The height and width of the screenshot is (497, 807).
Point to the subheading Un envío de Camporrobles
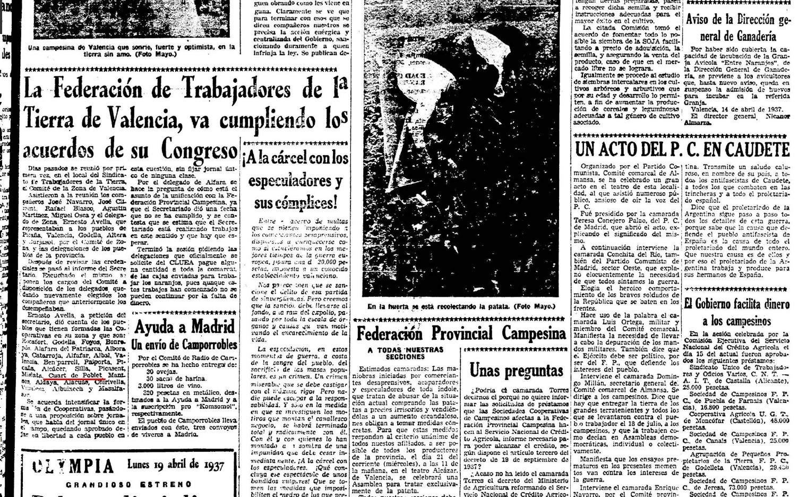[x=184, y=345]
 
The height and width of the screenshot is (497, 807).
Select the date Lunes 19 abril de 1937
[x=175, y=465]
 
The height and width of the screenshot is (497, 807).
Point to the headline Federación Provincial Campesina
[x=461, y=333]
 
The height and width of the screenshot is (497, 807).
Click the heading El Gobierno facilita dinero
[x=736, y=304]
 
